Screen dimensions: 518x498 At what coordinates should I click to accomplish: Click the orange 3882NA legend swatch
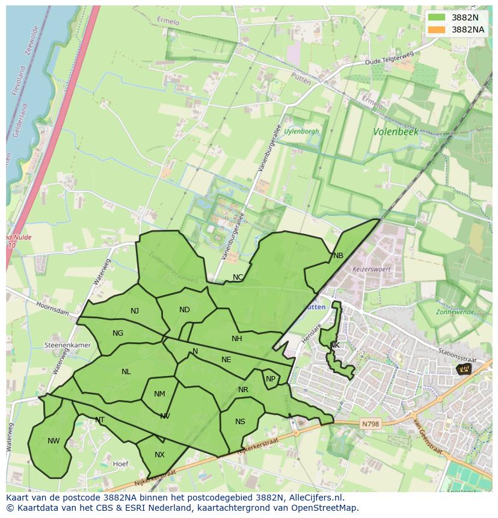point(437,29)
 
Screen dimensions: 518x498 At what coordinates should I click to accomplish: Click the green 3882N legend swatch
point(437,17)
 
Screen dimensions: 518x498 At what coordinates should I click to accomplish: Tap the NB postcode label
point(338,256)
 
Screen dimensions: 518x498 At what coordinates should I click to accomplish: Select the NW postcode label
point(54,441)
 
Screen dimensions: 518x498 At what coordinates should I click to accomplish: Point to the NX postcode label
point(159,455)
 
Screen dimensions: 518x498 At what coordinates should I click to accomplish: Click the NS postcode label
point(240,422)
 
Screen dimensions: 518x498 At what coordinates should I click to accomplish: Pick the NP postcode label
point(271,379)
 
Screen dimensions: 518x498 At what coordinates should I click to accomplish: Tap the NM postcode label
point(159,395)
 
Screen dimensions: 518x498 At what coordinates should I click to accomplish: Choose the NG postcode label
point(118,333)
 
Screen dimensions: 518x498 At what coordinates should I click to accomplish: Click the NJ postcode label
point(135,311)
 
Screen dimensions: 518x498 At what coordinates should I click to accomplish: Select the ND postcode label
point(185,310)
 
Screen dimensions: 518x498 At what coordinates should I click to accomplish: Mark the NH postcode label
point(237,339)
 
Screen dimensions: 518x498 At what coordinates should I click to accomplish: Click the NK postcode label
point(335,345)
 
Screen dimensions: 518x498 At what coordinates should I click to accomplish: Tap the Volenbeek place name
point(395,131)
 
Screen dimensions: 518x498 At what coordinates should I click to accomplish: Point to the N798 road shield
point(370,424)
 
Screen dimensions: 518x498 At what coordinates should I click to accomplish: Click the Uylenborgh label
point(301,131)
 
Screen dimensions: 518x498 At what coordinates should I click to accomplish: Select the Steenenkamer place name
point(67,345)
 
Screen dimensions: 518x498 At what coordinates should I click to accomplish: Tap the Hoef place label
point(120,464)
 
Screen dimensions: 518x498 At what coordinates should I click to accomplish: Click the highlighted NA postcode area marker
point(464,369)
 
